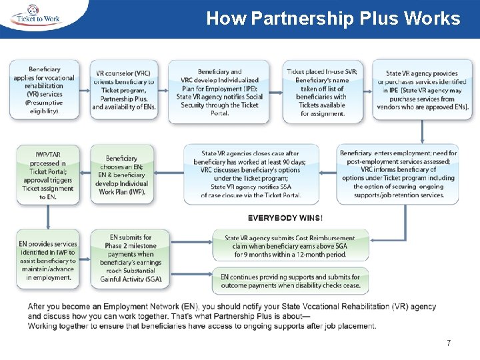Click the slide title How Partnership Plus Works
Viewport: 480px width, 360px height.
[333, 18]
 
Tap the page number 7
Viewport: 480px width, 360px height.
[449, 343]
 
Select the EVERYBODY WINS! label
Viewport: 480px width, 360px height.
[285, 218]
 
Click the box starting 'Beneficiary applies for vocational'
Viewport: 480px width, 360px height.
[44, 90]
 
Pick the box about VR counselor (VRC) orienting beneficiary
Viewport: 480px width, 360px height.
[124, 90]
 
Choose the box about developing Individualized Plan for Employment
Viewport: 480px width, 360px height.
[219, 91]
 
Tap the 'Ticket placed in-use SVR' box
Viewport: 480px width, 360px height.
[323, 91]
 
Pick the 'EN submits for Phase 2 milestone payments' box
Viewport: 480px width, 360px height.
[130, 259]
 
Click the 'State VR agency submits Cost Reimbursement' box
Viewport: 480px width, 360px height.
[290, 246]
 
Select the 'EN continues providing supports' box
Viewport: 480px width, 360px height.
[290, 281]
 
